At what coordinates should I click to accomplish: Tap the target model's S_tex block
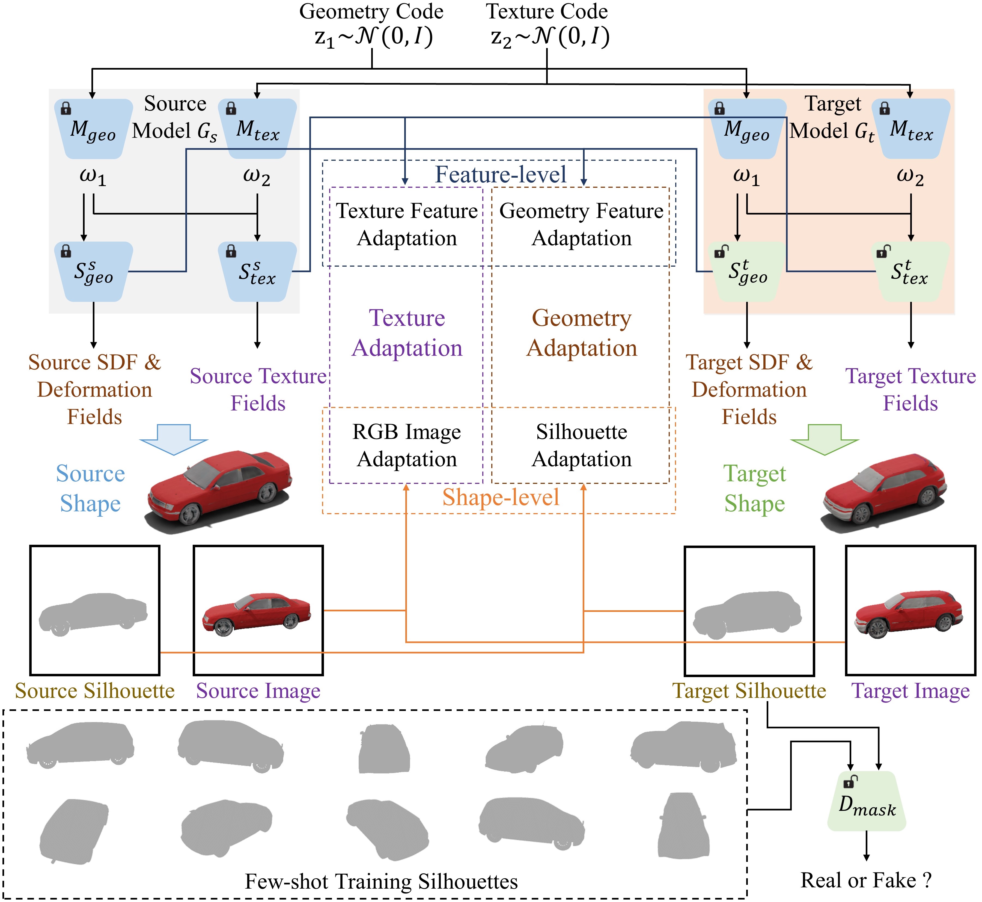pyautogui.click(x=910, y=272)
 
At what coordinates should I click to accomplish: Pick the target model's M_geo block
pyautogui.click(x=747, y=129)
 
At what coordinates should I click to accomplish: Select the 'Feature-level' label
pyautogui.click(x=500, y=174)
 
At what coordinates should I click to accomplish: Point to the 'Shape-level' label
pyautogui.click(x=500, y=497)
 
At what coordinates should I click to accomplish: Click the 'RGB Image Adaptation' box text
pyautogui.click(x=407, y=445)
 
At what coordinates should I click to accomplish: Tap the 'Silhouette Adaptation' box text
pyautogui.click(x=581, y=445)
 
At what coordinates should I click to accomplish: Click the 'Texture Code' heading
pyautogui.click(x=547, y=11)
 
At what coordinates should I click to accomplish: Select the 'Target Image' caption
pyautogui.click(x=910, y=691)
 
